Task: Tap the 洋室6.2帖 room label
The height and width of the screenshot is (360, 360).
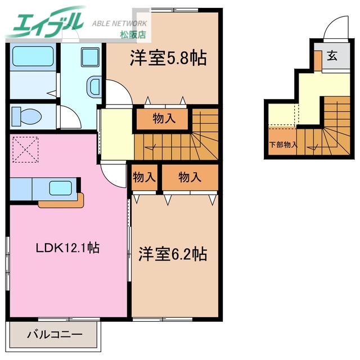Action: click(x=173, y=254)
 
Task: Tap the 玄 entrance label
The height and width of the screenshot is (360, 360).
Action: click(x=332, y=56)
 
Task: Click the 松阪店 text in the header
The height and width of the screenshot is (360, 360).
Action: click(x=133, y=35)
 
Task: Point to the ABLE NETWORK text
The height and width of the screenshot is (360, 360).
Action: click(x=119, y=24)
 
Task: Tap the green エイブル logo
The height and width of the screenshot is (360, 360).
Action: click(x=45, y=22)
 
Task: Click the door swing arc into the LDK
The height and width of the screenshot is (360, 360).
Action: click(x=111, y=175)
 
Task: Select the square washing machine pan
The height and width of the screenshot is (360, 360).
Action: click(x=89, y=57)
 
